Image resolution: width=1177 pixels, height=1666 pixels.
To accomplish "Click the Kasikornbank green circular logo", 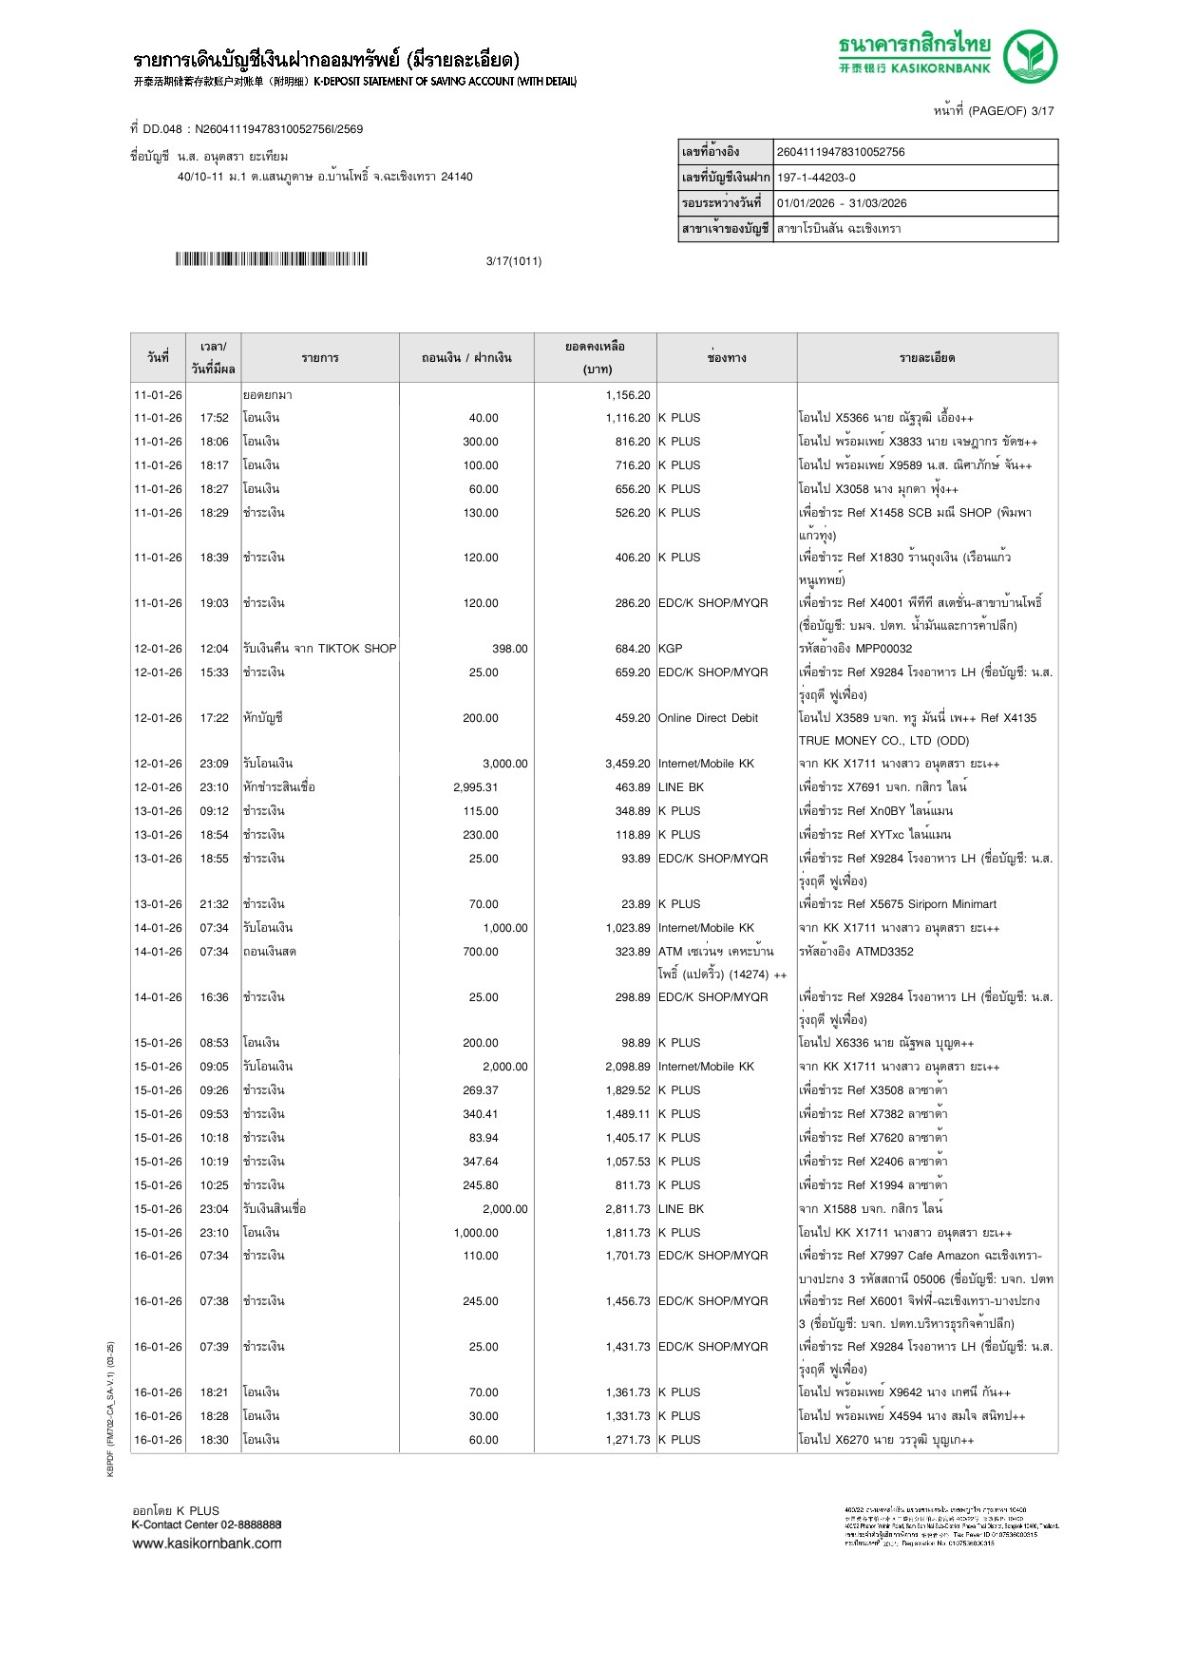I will coord(1031,56).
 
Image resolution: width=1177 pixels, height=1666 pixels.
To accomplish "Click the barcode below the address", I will coord(271,259).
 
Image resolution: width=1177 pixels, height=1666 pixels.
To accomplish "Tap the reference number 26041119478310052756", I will coord(841,152).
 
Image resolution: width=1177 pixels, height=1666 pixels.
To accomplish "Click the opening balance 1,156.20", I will coord(628,395).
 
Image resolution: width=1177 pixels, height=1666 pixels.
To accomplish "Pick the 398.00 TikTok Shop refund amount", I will coord(509,649).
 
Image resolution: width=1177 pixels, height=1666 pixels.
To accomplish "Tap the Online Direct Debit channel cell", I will coord(708,718).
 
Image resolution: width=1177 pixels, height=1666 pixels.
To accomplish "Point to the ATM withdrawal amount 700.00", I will coord(481,952).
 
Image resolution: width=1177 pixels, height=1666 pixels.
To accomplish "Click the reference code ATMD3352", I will coord(884,952).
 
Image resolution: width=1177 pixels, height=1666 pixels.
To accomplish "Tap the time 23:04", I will coord(214,1209).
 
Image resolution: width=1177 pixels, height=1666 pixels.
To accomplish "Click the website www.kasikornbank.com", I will coord(206,1543).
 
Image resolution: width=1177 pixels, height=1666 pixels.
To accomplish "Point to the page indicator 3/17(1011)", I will coord(513,261).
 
